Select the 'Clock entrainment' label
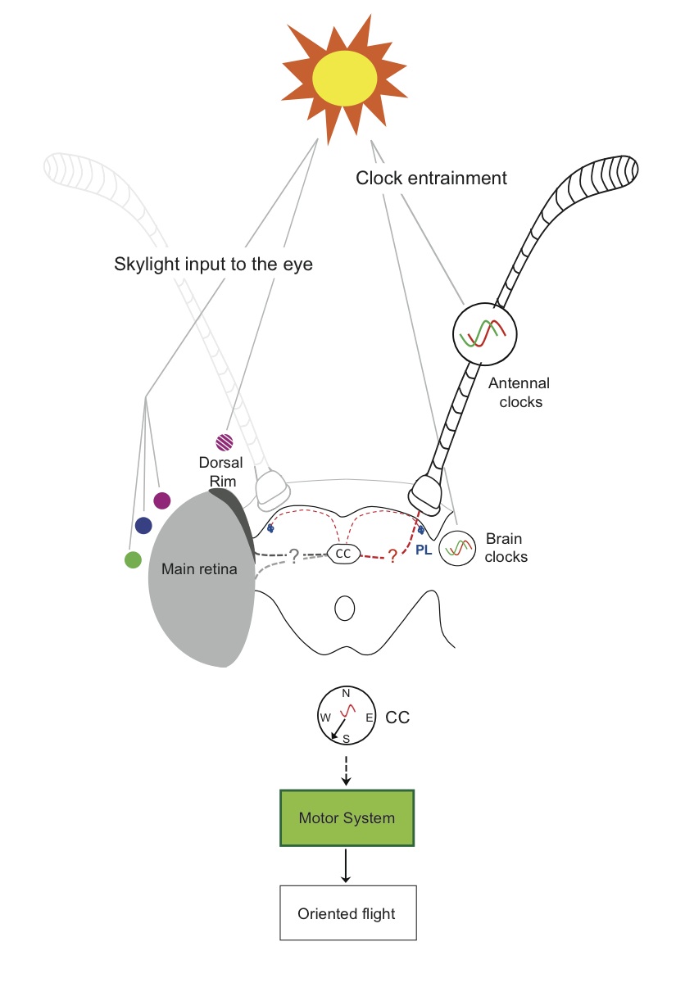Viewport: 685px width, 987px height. pos(431,178)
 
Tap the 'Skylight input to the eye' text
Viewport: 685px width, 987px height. pos(213,265)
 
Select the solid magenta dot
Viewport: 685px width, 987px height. pos(161,500)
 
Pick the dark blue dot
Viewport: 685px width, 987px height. pos(143,525)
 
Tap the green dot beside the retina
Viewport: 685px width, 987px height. pos(132,559)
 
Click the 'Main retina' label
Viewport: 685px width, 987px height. pos(199,568)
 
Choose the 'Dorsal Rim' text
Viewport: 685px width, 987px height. pos(221,472)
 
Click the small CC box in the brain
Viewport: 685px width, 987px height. pos(343,555)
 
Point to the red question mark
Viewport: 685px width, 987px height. pos(392,556)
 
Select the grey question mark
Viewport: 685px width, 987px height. pos(293,556)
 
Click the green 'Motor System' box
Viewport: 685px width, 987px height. pos(347,817)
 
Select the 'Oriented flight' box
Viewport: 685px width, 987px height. pos(347,912)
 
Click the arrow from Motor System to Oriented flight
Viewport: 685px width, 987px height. pos(346,865)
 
